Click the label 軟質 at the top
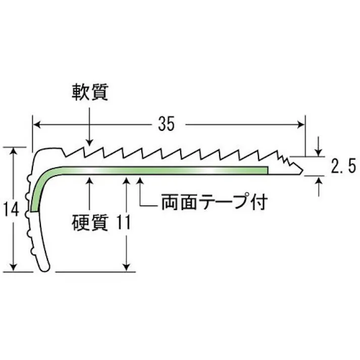click(x=90, y=92)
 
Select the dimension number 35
click(x=167, y=124)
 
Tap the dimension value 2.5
click(x=343, y=166)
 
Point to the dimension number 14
click(x=11, y=209)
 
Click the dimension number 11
click(x=124, y=222)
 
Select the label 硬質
click(x=90, y=223)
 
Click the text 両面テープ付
click(x=215, y=202)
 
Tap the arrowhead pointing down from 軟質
click(x=89, y=142)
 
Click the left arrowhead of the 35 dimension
click(x=37, y=125)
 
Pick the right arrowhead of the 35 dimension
click(x=301, y=125)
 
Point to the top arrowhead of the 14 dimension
click(x=14, y=151)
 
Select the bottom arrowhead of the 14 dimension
click(x=14, y=268)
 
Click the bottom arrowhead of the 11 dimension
click(x=126, y=268)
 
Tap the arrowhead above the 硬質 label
click(x=89, y=181)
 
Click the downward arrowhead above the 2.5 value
click(x=319, y=152)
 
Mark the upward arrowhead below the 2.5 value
click(x=319, y=180)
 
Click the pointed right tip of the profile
click(x=303, y=171)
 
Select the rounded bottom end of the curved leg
click(x=45, y=269)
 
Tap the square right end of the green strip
click(x=267, y=170)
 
